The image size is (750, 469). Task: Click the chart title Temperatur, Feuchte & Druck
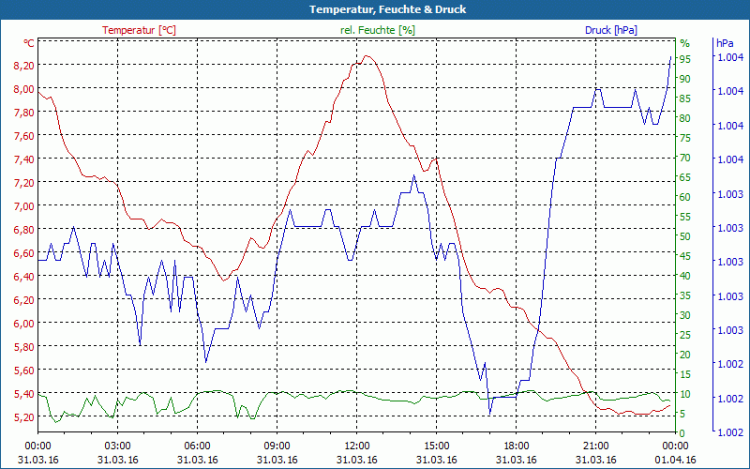coord(374,9)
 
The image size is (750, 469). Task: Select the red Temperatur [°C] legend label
coord(139,30)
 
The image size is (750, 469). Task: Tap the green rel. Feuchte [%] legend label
coord(377,30)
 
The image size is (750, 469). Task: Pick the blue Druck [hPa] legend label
coord(610,30)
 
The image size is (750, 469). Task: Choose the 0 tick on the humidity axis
coord(682,433)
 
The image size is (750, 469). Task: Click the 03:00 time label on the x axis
coord(117,446)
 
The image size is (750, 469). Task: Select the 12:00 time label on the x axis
coord(356,446)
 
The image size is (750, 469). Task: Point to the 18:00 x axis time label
coord(517,446)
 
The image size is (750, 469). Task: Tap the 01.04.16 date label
coord(676,460)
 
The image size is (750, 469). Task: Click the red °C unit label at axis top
coord(29,43)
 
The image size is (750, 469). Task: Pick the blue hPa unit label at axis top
coord(725,43)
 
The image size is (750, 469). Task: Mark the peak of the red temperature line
coord(367,56)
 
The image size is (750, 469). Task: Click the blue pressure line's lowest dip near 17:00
coord(489,413)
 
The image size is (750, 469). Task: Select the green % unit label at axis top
coord(684,43)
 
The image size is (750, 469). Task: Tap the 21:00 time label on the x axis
coord(596,446)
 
